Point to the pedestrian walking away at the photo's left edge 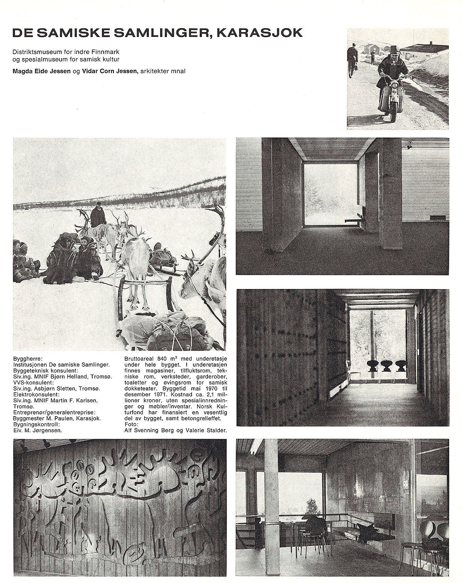click(352, 61)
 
